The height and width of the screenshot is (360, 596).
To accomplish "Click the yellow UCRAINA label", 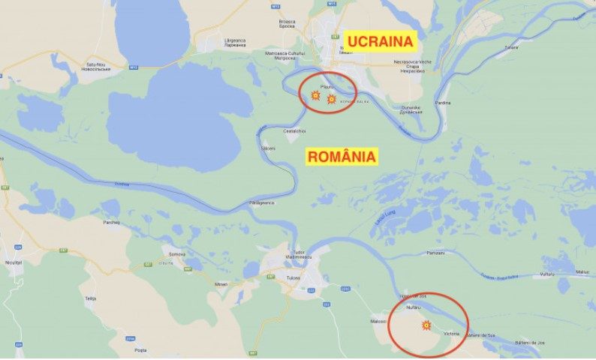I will point(380,41).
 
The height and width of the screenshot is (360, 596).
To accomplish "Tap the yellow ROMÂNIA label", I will point(342,157).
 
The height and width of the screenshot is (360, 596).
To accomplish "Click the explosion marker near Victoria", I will point(426,325).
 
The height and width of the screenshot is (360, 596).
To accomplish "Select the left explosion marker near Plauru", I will point(316,95).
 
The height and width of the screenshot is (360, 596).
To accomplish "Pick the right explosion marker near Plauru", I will point(332,98).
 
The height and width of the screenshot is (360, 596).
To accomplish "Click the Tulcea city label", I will point(293,278).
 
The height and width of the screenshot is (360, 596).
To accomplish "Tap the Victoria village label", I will point(451,333).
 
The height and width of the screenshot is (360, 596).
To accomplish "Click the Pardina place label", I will point(443,103).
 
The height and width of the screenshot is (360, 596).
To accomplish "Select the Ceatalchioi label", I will point(294,131).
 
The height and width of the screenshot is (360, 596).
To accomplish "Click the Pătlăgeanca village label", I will point(262,202).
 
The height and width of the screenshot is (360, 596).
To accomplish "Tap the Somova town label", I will point(177,254).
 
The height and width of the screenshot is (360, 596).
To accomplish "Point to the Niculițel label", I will point(13,263).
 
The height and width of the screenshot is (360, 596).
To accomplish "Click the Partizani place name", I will point(435,253).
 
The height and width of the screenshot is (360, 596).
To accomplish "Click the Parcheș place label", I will point(112,222).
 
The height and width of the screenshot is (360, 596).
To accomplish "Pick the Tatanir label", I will point(510,47).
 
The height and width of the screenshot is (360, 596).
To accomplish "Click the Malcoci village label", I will point(378,321).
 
